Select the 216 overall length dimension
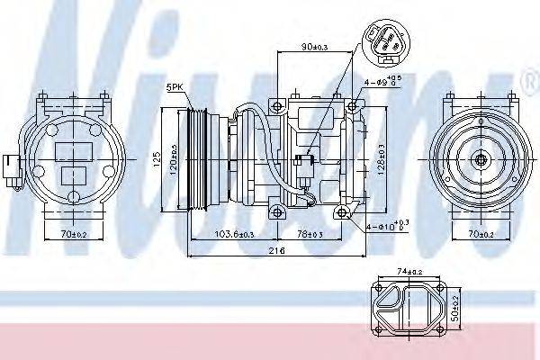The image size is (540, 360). pyautogui.click(x=277, y=251)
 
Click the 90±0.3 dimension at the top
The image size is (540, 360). pyautogui.click(x=314, y=47)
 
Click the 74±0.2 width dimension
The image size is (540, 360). pyautogui.click(x=407, y=270)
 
